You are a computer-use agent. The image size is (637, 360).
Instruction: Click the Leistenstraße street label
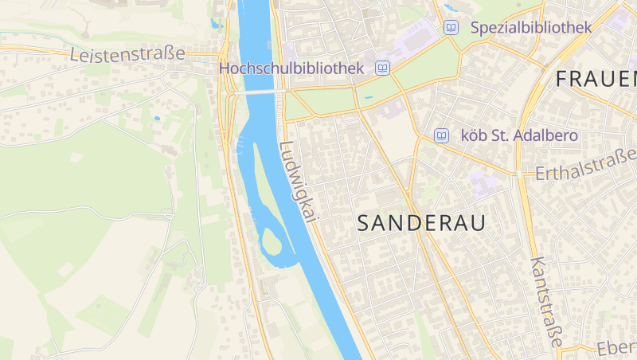tap(127, 54)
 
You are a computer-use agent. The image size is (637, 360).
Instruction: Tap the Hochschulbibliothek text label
tap(291, 69)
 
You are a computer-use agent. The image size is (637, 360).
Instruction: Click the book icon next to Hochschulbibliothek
tap(383, 69)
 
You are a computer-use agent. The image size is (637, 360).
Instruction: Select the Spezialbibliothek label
tap(530, 27)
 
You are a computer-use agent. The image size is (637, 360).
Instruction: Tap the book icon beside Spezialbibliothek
tap(451, 27)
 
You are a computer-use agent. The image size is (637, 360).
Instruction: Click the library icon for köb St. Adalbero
tap(441, 136)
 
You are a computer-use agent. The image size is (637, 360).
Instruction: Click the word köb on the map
tap(475, 136)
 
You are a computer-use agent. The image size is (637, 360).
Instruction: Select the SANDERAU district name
tap(421, 224)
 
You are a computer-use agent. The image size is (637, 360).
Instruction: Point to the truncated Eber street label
tap(617, 348)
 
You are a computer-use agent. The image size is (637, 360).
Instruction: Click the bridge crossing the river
tap(256, 92)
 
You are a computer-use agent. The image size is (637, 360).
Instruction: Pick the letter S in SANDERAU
tap(364, 224)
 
